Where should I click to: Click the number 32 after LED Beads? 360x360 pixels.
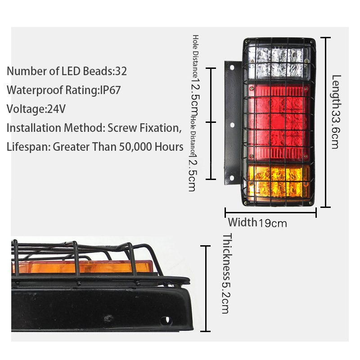(x=121, y=71)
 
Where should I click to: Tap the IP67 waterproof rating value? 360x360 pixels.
(x=110, y=90)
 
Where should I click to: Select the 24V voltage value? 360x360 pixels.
(x=56, y=109)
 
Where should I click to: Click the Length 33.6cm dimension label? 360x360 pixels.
(x=336, y=112)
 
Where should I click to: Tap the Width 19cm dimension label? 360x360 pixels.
(x=257, y=222)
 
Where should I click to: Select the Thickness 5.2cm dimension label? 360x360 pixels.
(x=226, y=274)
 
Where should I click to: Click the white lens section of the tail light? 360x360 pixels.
(x=279, y=63)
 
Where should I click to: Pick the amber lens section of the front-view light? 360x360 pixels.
(x=279, y=182)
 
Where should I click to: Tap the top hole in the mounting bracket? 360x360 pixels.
(x=232, y=68)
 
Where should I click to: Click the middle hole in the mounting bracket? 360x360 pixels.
(x=232, y=125)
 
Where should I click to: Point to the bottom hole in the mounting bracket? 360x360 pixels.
(x=232, y=178)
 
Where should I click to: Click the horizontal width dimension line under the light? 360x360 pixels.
(x=271, y=212)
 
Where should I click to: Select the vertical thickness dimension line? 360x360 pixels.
(x=206, y=288)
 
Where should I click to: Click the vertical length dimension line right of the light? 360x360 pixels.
(x=325, y=122)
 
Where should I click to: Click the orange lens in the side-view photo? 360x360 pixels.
(x=83, y=267)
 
